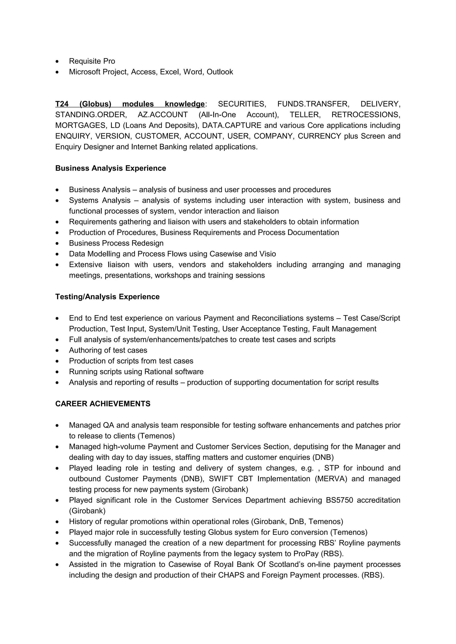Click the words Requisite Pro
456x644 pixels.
pyautogui.click(x=92, y=61)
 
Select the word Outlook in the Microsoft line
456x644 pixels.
pyautogui.click(x=220, y=72)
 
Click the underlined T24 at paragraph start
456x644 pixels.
pyautogui.click(x=62, y=104)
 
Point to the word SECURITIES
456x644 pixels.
pyautogui.click(x=242, y=104)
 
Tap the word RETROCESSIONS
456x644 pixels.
pyautogui.click(x=366, y=115)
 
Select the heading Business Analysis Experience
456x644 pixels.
pyautogui.click(x=110, y=168)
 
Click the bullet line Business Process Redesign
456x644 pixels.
pyautogui.click(x=116, y=243)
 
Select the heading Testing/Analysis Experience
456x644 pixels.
pyautogui.click(x=107, y=297)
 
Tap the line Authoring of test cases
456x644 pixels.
pyautogui.click(x=108, y=350)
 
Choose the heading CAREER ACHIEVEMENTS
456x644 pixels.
pyautogui.click(x=103, y=404)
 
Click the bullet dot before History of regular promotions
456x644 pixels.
pyautogui.click(x=57, y=522)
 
